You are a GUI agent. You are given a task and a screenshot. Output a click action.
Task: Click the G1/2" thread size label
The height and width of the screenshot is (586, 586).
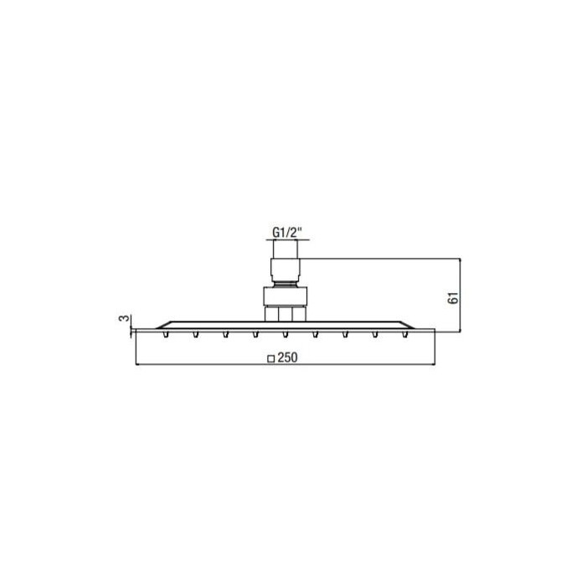coord(286,233)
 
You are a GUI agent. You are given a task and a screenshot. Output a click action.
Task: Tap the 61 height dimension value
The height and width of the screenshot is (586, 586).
coord(453,298)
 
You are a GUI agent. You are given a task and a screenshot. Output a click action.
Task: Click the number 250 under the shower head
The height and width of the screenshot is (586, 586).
coord(288,357)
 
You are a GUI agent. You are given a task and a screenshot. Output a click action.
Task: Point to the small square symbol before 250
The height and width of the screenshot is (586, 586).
coord(271,359)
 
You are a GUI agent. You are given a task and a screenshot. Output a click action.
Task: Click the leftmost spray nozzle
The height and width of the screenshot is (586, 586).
coord(166,335)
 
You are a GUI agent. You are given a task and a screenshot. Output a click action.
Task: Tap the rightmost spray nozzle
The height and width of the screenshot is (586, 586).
coord(404,335)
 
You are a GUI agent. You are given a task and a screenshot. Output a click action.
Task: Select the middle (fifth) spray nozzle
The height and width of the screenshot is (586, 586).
coord(285,335)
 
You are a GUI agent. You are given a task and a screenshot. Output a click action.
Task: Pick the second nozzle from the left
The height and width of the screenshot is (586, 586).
coord(195,335)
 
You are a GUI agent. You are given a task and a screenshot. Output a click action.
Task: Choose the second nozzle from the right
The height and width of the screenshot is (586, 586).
coord(375,335)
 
